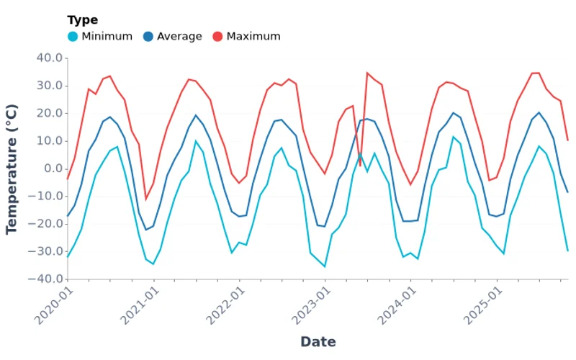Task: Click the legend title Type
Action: point(82,20)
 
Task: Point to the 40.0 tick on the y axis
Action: point(50,58)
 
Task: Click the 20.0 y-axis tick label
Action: point(50,113)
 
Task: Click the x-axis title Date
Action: point(318,341)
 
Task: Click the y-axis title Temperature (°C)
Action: point(12,168)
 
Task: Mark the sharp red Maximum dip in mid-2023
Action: point(360,166)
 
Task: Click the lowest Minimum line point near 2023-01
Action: point(325,266)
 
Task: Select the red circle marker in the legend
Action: point(217,36)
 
